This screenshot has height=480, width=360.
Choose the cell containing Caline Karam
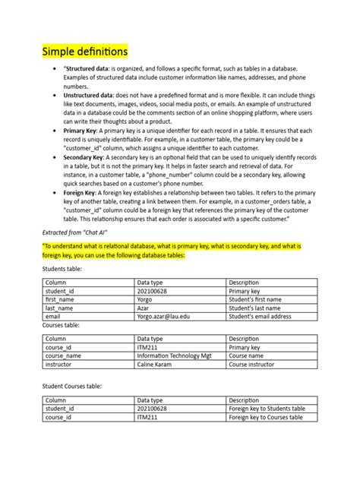[x=156, y=365]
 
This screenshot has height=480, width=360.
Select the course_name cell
[x=64, y=355]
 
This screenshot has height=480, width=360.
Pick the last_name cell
[x=62, y=308]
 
